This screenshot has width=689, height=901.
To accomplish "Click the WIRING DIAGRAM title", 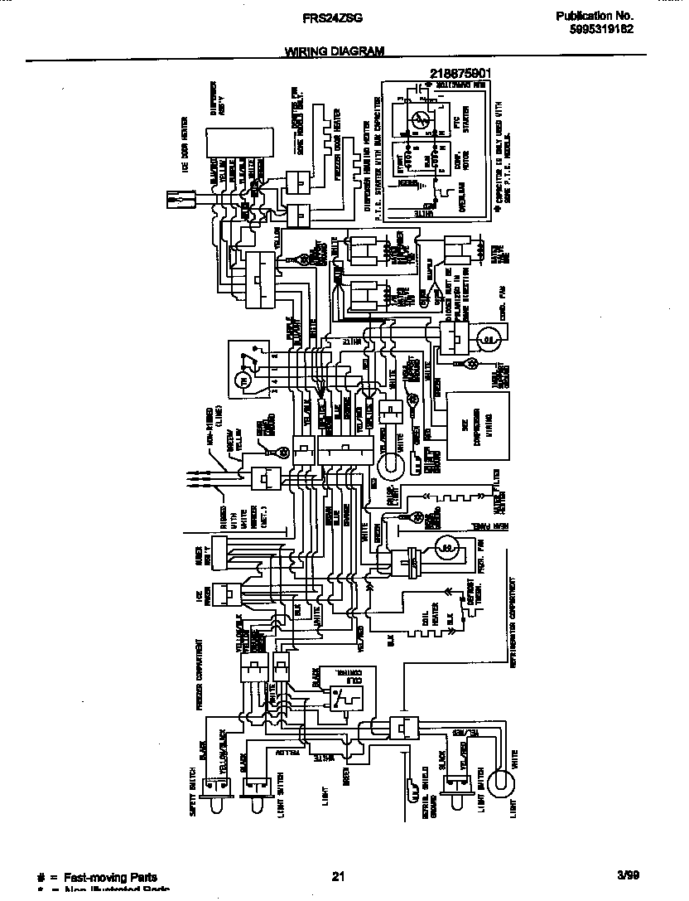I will pos(335,51).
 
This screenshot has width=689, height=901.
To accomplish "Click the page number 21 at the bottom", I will pos(337,876).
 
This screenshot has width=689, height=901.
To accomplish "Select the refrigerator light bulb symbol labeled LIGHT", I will pos(498,781).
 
